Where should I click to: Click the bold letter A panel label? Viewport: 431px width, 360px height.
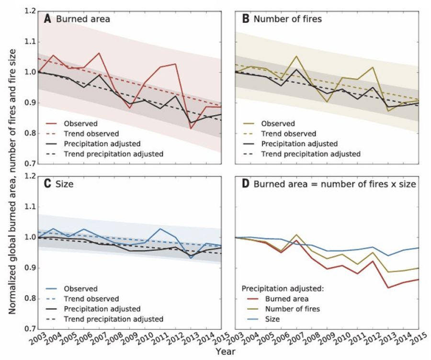[48, 19]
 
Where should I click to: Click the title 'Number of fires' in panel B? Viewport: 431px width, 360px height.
[287, 19]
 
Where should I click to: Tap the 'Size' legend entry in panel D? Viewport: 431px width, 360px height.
[280, 319]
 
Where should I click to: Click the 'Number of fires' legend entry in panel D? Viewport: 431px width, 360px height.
[296, 309]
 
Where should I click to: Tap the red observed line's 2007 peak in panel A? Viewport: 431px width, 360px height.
[99, 53]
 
